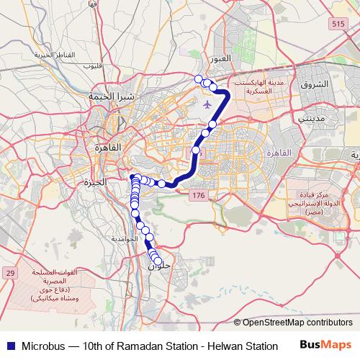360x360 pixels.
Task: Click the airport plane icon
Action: (208, 105)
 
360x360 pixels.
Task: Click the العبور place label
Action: (217, 58)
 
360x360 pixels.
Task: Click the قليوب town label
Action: (92, 66)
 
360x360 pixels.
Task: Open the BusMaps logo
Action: (326, 346)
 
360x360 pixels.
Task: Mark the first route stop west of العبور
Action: (199, 78)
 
